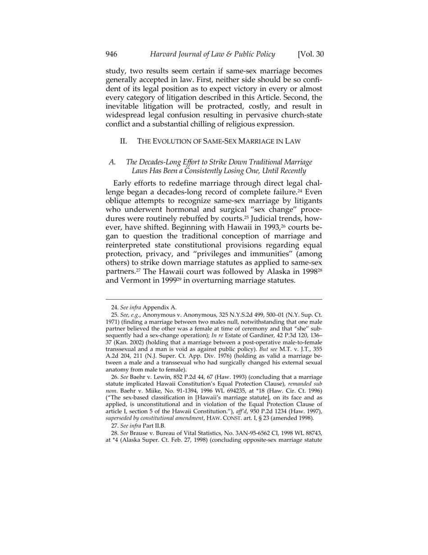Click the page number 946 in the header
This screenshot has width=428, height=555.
(x=112, y=55)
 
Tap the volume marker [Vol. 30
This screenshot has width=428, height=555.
(x=311, y=55)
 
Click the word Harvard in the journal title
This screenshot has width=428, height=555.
(x=165, y=55)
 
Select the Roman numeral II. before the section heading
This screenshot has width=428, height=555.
(x=124, y=141)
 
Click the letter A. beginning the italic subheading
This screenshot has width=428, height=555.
(x=113, y=162)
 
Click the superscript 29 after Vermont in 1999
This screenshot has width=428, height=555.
(x=178, y=278)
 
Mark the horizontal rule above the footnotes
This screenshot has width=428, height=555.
(x=214, y=299)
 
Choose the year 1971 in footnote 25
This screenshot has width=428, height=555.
(x=113, y=321)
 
